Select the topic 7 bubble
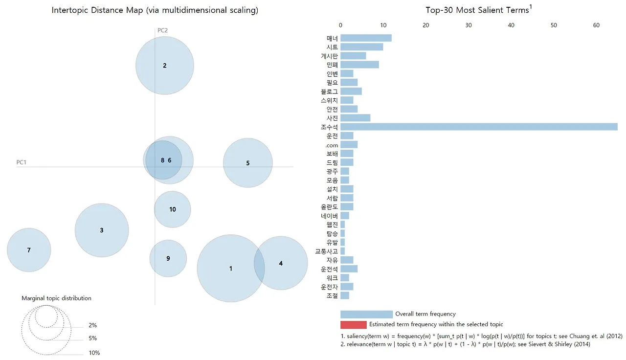[29, 250]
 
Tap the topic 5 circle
[248, 163]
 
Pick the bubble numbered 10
[173, 209]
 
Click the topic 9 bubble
[168, 258]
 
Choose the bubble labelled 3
[102, 230]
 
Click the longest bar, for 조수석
[479, 127]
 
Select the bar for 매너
[366, 38]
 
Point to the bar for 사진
[355, 118]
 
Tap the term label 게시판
[329, 56]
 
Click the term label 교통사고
[326, 251]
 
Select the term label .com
[331, 145]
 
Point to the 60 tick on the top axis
[596, 24]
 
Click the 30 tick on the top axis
[469, 24]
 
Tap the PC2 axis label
[163, 30]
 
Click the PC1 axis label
[22, 162]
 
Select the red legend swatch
[353, 325]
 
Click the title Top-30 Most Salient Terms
[477, 10]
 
